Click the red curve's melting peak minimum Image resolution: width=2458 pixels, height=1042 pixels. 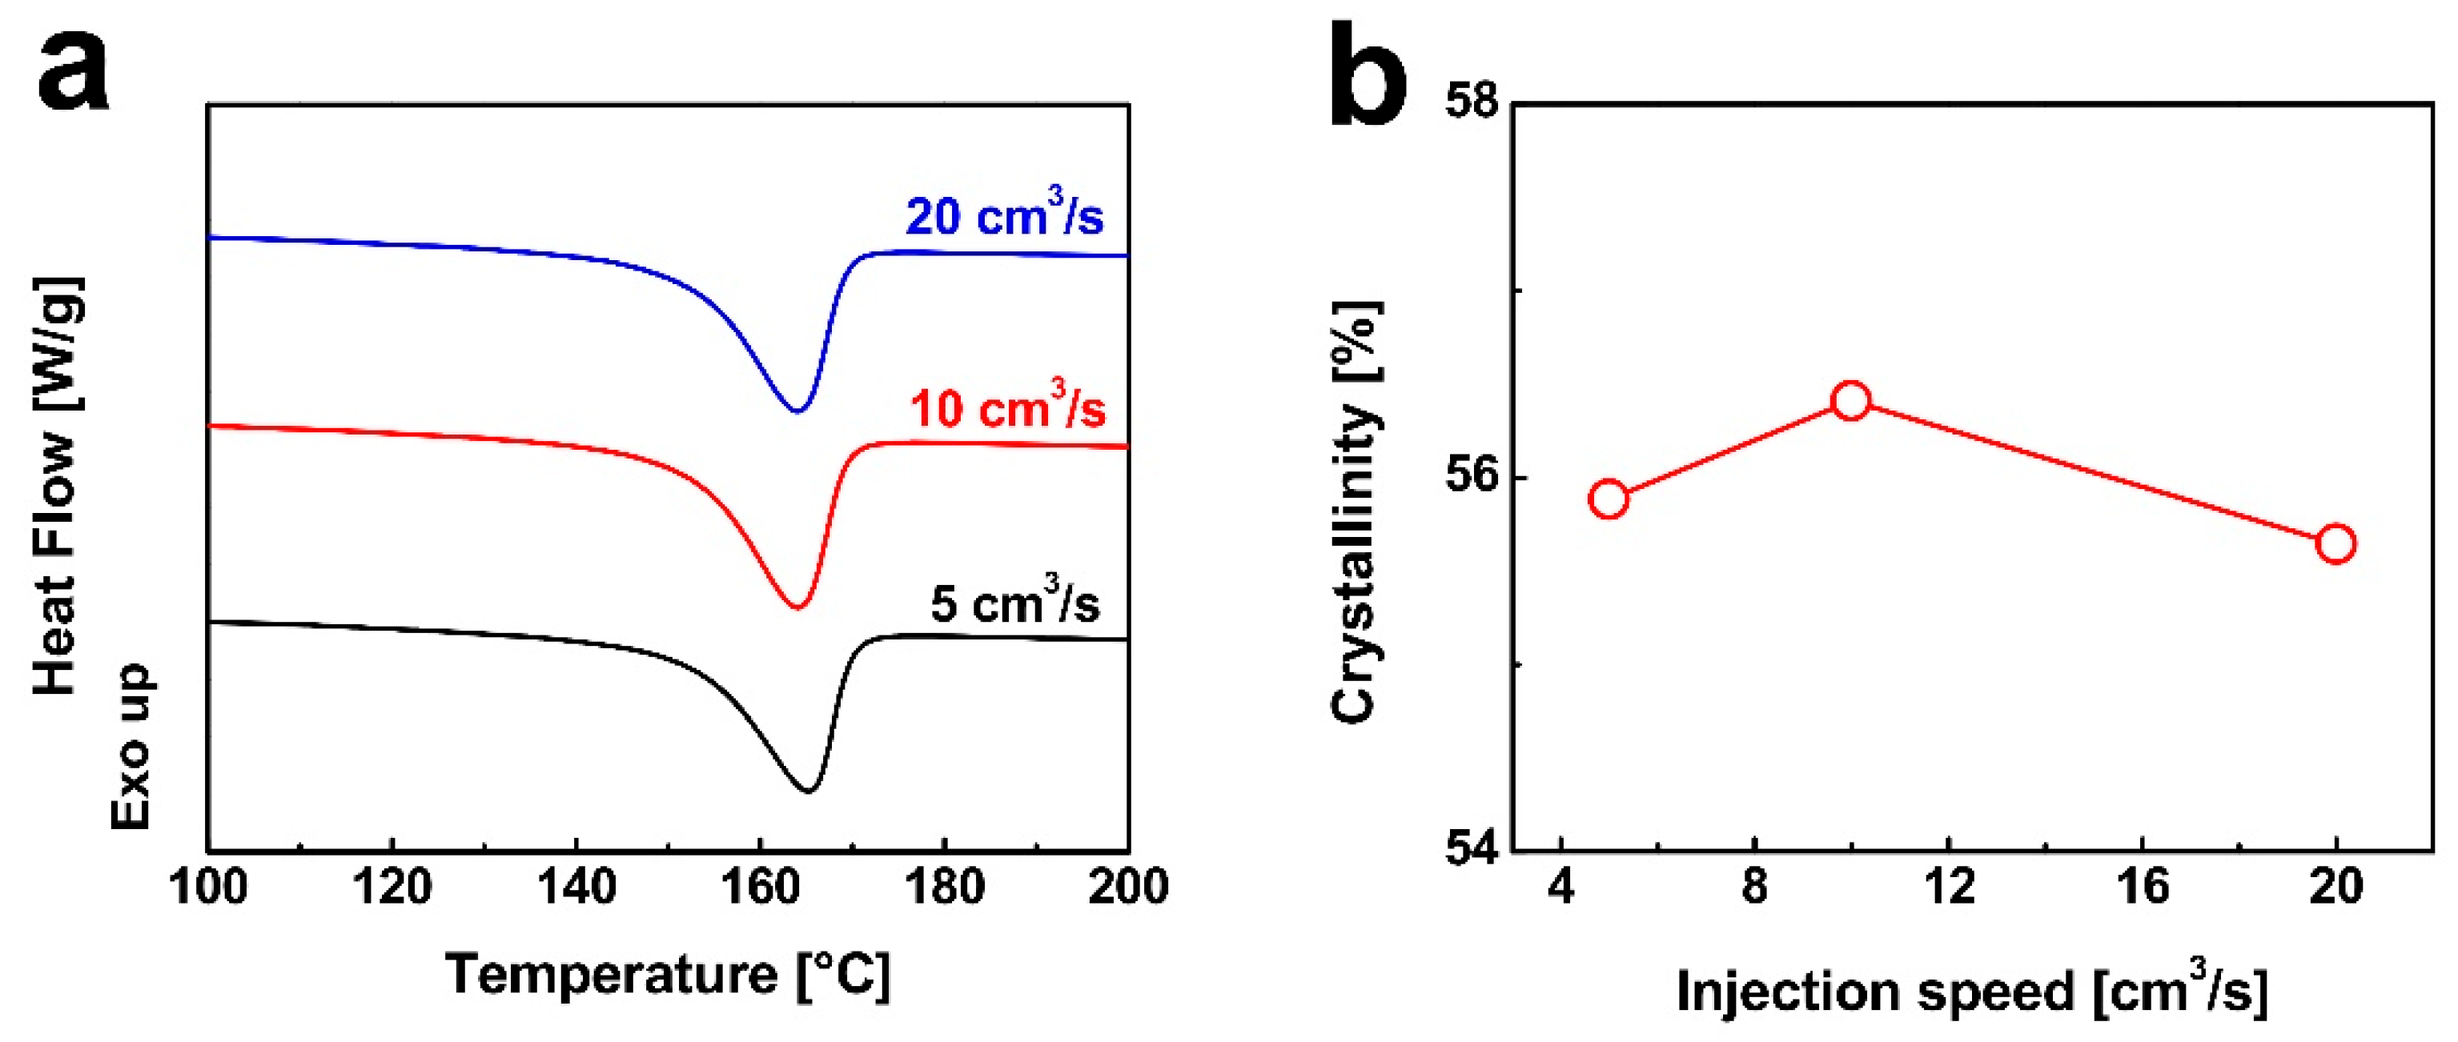[797, 606]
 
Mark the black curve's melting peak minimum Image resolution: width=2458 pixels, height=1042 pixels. [808, 790]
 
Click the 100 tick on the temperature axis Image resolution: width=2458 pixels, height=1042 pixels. [208, 885]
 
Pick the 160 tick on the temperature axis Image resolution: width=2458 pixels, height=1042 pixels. [761, 885]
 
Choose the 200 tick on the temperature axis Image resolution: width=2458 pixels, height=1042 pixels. [1128, 885]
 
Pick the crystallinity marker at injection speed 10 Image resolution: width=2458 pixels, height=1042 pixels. [1851, 401]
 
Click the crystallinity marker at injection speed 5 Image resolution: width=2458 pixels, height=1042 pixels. [1609, 499]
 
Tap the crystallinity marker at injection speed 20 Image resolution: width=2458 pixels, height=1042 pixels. [2336, 544]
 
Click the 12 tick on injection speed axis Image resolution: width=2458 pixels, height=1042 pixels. [1949, 885]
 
